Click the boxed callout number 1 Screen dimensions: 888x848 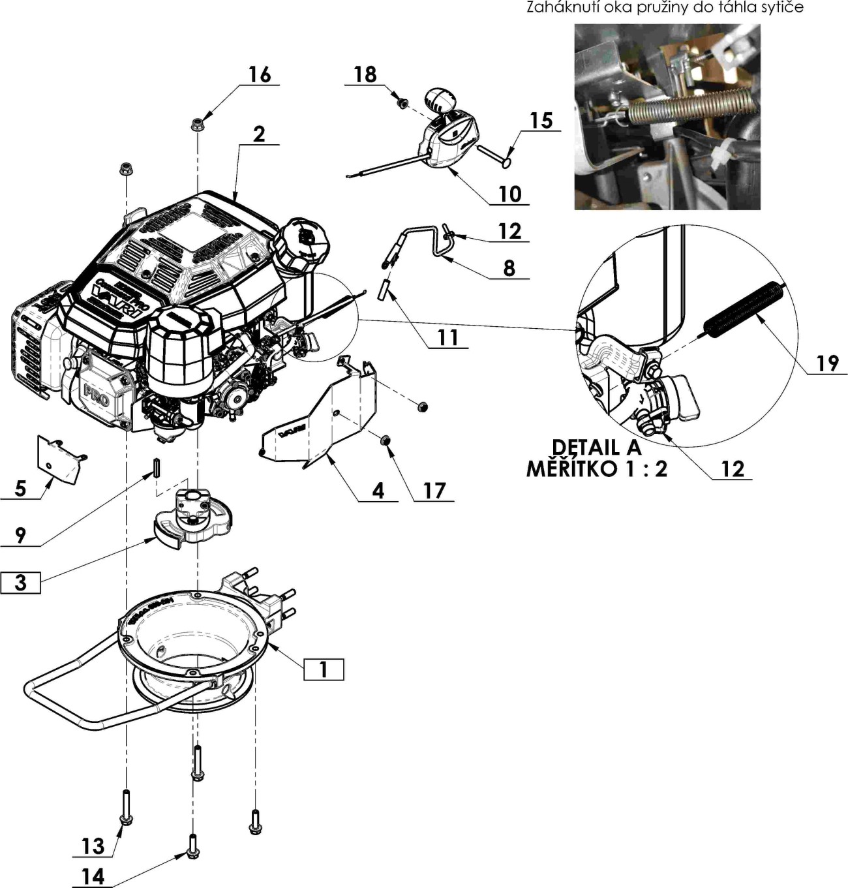(324, 669)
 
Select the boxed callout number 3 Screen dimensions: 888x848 (20, 582)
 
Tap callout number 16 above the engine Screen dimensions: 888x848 (259, 75)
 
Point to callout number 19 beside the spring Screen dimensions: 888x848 (827, 363)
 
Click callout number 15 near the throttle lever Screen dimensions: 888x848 (541, 121)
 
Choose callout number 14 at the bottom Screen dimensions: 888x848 (93, 876)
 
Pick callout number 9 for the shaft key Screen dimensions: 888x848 (20, 535)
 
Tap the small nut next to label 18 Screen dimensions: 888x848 (402, 102)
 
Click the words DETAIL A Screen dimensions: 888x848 (596, 448)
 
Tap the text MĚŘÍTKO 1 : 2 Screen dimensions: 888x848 (596, 468)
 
